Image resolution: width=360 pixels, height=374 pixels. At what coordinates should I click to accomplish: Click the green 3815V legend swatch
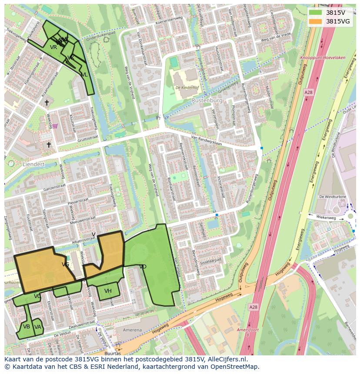(316, 12)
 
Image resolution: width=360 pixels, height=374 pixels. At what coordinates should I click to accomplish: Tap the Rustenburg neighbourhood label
(207, 100)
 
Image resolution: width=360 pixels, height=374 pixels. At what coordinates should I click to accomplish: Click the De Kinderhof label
(187, 88)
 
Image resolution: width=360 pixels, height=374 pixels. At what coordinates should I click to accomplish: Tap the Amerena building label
(132, 330)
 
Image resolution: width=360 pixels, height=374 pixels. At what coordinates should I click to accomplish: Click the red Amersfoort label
(248, 330)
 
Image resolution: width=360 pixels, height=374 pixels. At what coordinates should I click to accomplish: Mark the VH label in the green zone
(108, 291)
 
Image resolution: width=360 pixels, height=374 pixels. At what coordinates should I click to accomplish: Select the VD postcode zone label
(143, 267)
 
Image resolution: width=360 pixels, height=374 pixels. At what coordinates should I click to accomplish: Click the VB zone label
(27, 327)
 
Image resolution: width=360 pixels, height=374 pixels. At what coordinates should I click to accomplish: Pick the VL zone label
(84, 75)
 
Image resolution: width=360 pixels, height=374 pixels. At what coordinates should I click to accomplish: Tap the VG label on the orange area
(66, 264)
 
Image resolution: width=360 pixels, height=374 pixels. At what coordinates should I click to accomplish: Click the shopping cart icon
(55, 126)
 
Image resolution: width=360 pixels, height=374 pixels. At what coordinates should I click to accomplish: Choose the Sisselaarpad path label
(211, 261)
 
